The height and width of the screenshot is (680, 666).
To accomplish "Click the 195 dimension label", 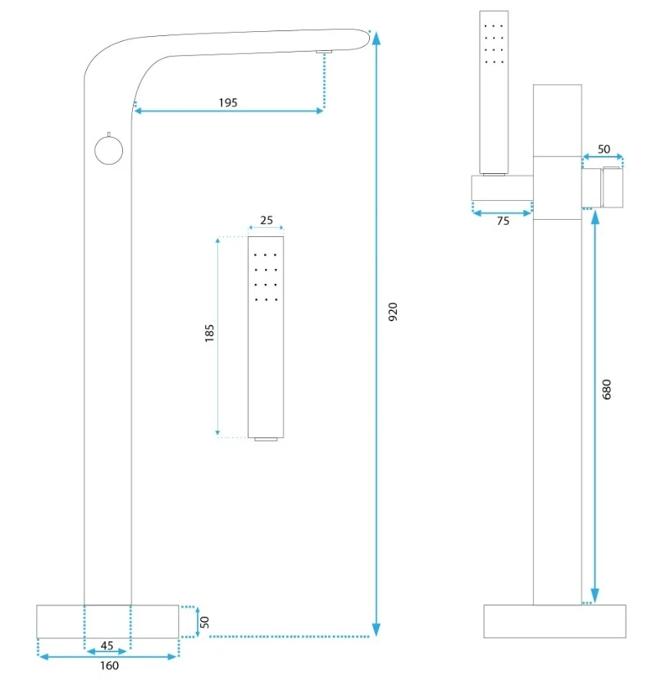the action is [x=228, y=103].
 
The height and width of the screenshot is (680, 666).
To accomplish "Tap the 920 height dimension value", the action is [x=393, y=312].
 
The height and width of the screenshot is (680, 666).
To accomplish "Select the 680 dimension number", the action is [x=607, y=389].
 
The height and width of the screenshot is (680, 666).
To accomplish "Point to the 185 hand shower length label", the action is [x=209, y=333].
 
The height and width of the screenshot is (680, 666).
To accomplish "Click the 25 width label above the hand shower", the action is [x=267, y=221].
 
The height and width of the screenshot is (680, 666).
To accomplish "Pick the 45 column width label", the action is [x=107, y=646].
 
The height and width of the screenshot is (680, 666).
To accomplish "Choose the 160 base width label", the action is [x=109, y=665].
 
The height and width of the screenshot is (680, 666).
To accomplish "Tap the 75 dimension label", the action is [x=503, y=221].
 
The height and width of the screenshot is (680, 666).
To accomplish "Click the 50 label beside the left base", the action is [x=205, y=623].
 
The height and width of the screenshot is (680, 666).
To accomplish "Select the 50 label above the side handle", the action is [x=604, y=149].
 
